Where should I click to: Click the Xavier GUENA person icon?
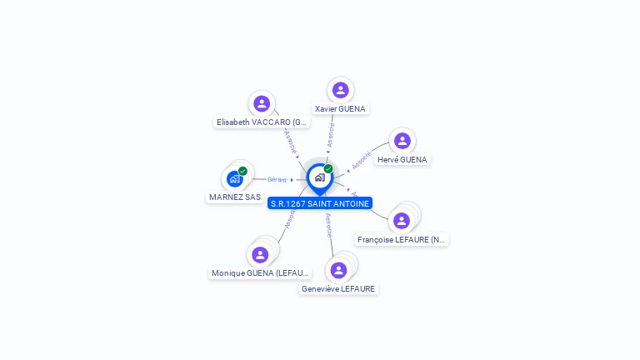[340, 90]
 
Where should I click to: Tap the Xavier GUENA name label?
[340, 109]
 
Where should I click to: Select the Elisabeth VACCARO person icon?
[262, 103]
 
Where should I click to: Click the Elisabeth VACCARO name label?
[262, 122]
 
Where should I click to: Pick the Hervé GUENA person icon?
[402, 141]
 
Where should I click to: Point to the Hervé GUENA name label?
[402, 160]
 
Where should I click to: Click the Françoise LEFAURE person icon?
[402, 221]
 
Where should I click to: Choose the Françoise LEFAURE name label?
[402, 240]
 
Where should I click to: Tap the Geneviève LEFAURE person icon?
[338, 270]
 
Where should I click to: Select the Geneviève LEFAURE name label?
[338, 289]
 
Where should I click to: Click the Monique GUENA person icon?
[260, 254]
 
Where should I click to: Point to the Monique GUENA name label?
[260, 273]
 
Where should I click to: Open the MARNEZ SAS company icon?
[235, 178]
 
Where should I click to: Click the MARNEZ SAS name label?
[235, 197]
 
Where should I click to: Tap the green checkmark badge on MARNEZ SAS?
[242, 171]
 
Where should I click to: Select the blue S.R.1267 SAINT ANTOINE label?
[320, 203]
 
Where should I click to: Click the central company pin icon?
[319, 177]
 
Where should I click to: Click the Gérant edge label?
[277, 179]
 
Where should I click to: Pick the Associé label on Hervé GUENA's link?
[361, 160]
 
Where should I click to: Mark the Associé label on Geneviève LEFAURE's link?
[329, 225]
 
